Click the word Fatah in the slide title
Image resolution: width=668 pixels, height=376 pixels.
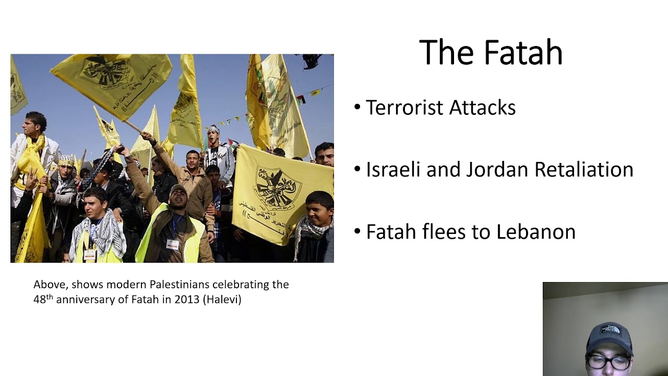523,53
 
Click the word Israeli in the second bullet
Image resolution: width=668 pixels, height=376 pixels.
392,170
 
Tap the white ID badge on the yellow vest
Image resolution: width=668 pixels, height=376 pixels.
172,244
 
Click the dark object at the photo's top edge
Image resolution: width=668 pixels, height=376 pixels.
311,61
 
